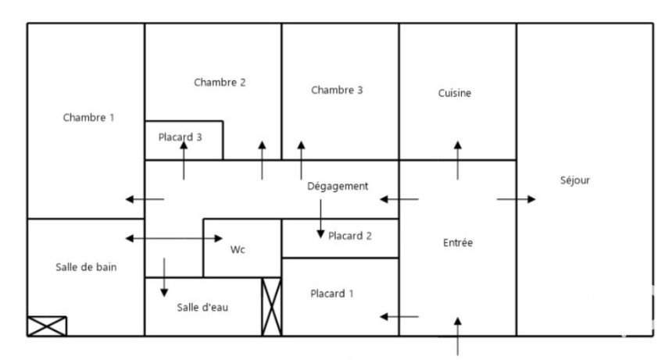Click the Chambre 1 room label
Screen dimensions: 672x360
click(x=89, y=117)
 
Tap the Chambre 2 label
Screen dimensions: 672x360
click(x=220, y=82)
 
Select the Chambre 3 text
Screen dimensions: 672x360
click(x=337, y=90)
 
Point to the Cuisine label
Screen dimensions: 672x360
click(x=454, y=93)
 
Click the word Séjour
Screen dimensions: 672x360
click(x=574, y=180)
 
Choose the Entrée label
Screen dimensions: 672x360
click(x=458, y=243)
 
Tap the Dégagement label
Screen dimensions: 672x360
click(x=338, y=186)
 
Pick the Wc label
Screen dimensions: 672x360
click(x=238, y=250)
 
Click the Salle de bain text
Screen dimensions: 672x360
click(x=86, y=267)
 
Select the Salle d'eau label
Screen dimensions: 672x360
click(x=202, y=307)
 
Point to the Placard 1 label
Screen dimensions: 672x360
click(x=332, y=294)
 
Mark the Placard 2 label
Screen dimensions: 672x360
click(x=350, y=236)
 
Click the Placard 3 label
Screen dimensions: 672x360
click(x=180, y=137)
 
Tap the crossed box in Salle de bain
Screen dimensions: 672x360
click(x=47, y=326)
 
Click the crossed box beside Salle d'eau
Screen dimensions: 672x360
click(x=272, y=306)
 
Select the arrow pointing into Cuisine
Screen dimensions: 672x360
click(x=458, y=161)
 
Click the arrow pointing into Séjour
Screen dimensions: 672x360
click(x=516, y=199)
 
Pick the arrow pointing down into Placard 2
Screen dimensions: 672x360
click(x=320, y=219)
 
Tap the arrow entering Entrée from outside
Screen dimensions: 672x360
click(x=458, y=337)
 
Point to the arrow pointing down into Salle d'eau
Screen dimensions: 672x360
click(x=164, y=277)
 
